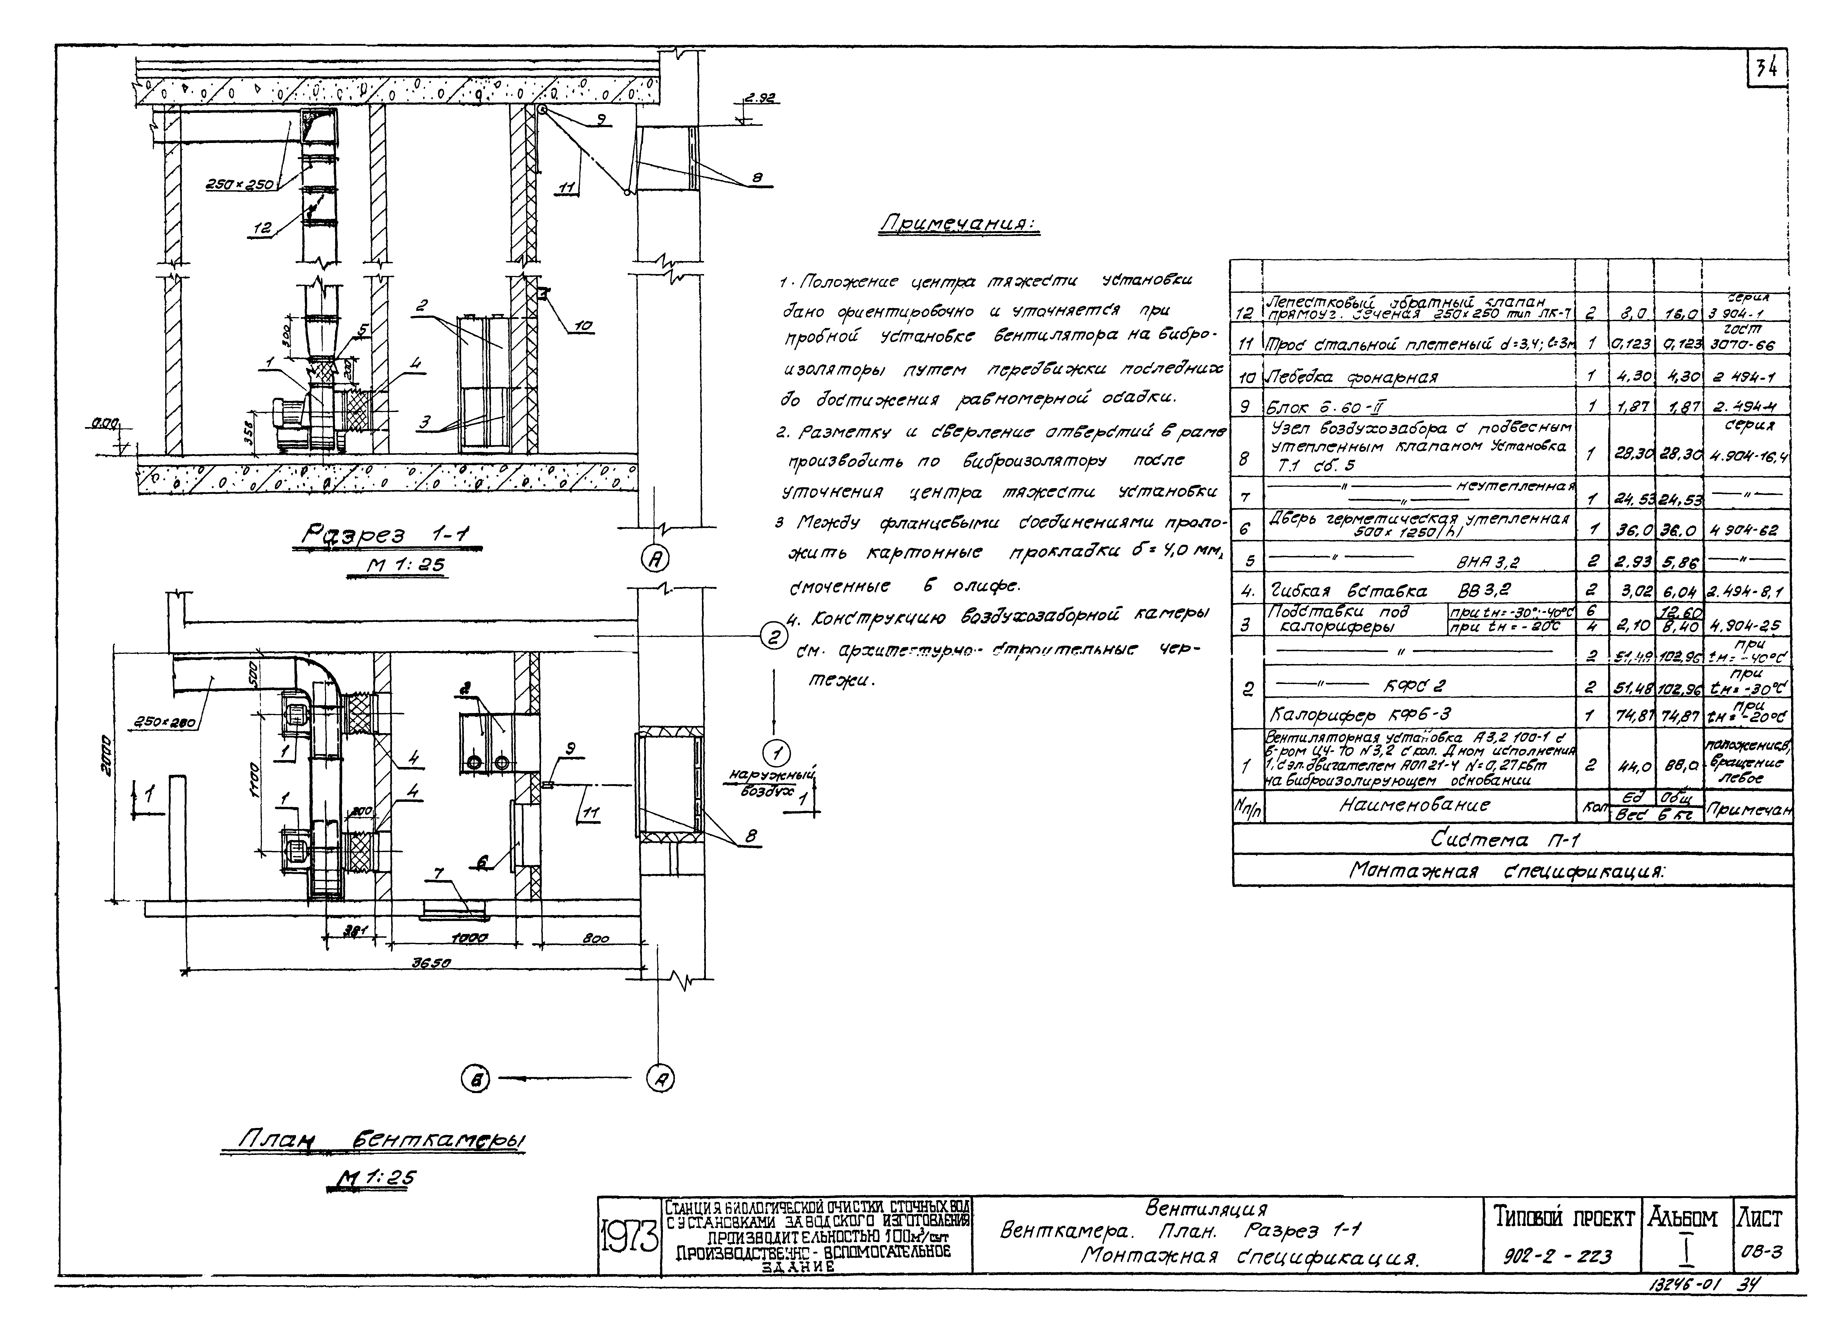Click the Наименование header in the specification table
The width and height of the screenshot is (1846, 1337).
pos(1415,806)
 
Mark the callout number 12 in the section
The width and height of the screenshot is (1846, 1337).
pos(262,229)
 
